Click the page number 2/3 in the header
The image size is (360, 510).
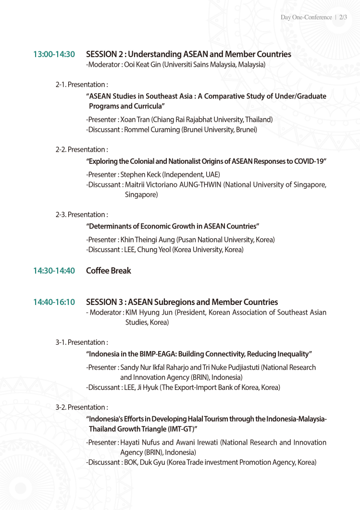coord(343,17)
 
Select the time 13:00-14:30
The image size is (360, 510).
coord(54,54)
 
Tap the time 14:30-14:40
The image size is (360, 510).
coord(54,271)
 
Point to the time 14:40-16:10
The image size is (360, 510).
coord(54,302)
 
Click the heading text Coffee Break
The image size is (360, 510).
coord(108,271)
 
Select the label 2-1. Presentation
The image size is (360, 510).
coord(81,85)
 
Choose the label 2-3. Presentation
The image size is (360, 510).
coord(81,214)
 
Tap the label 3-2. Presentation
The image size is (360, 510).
coord(81,407)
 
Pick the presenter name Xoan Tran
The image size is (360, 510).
coord(135,119)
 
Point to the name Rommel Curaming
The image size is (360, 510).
coord(152,130)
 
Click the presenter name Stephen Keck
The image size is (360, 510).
coord(140,174)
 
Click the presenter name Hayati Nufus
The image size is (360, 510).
coord(140,442)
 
